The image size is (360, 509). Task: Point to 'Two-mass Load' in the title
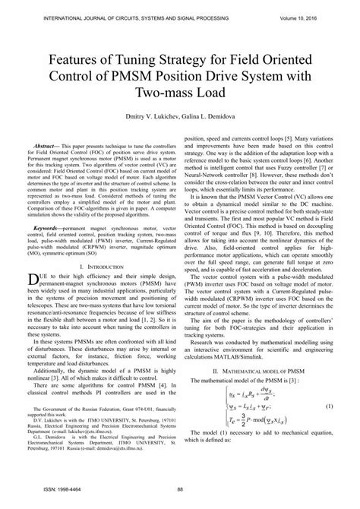pyautogui.click(x=179, y=90)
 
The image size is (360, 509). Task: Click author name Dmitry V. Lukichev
pyautogui.click(x=147, y=116)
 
